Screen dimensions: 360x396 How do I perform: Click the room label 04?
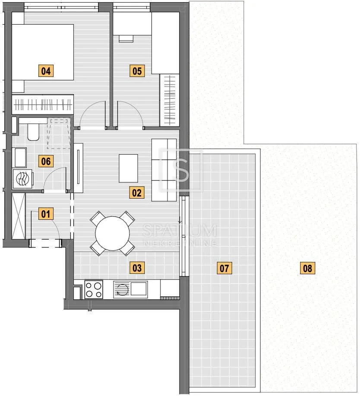click(46, 71)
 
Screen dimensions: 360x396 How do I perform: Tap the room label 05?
click(137, 71)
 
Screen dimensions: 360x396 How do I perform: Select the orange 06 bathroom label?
click(46, 161)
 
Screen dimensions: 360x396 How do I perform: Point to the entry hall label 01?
click(46, 214)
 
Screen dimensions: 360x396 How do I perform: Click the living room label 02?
click(137, 193)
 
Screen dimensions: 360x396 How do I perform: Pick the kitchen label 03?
click(137, 268)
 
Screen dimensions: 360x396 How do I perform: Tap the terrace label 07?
click(224, 268)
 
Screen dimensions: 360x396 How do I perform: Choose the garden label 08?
click(307, 268)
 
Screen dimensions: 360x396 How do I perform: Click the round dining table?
click(112, 233)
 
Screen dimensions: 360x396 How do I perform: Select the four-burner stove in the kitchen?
click(94, 289)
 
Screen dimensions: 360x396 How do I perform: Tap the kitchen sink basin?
click(138, 288)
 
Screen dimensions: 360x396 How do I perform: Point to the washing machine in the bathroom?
click(23, 179)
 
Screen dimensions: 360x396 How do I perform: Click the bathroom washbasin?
click(20, 158)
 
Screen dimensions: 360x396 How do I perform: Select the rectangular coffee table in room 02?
click(128, 168)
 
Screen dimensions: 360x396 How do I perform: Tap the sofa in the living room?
click(164, 170)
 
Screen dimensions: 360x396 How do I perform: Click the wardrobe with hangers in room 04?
click(43, 105)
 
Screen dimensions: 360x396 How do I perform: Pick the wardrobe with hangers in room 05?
click(169, 100)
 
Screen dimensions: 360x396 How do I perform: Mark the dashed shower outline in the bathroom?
click(59, 133)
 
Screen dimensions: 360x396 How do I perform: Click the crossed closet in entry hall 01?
click(19, 216)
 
